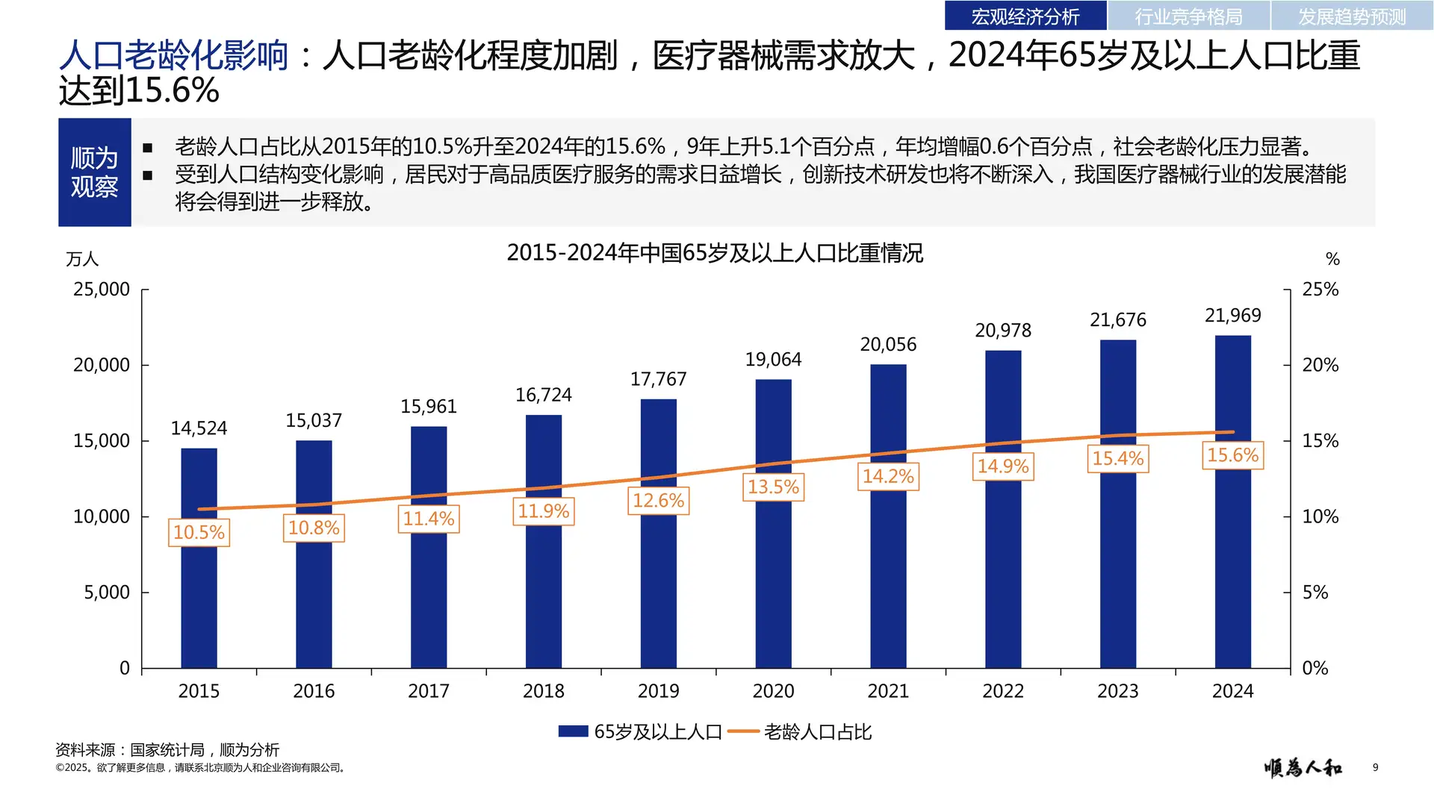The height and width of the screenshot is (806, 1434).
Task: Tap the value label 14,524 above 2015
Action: coord(199,428)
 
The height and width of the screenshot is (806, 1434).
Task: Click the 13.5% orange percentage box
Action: coord(773,487)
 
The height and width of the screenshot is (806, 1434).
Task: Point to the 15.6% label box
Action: coord(1232,455)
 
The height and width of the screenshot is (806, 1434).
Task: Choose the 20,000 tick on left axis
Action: coord(102,365)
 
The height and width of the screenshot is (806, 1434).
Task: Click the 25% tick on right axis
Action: coord(1320,290)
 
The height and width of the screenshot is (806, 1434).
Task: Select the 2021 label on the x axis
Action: coord(888,691)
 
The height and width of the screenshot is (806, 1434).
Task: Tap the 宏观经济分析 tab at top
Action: coord(1025,16)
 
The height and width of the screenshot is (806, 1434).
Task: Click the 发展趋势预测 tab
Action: coord(1351,16)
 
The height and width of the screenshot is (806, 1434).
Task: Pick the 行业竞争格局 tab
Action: coord(1188,16)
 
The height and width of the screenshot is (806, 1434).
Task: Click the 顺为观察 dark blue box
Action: coord(95,172)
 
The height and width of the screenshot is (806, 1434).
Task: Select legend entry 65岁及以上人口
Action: coord(641,732)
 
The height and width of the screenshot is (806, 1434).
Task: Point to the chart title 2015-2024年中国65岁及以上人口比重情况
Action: coord(715,253)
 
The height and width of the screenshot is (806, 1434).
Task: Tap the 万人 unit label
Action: coord(82,259)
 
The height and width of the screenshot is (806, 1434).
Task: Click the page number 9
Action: coord(1375,767)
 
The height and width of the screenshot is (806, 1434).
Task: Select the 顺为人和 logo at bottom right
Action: coord(1303,767)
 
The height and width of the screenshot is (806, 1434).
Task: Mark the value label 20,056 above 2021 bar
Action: coord(888,345)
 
